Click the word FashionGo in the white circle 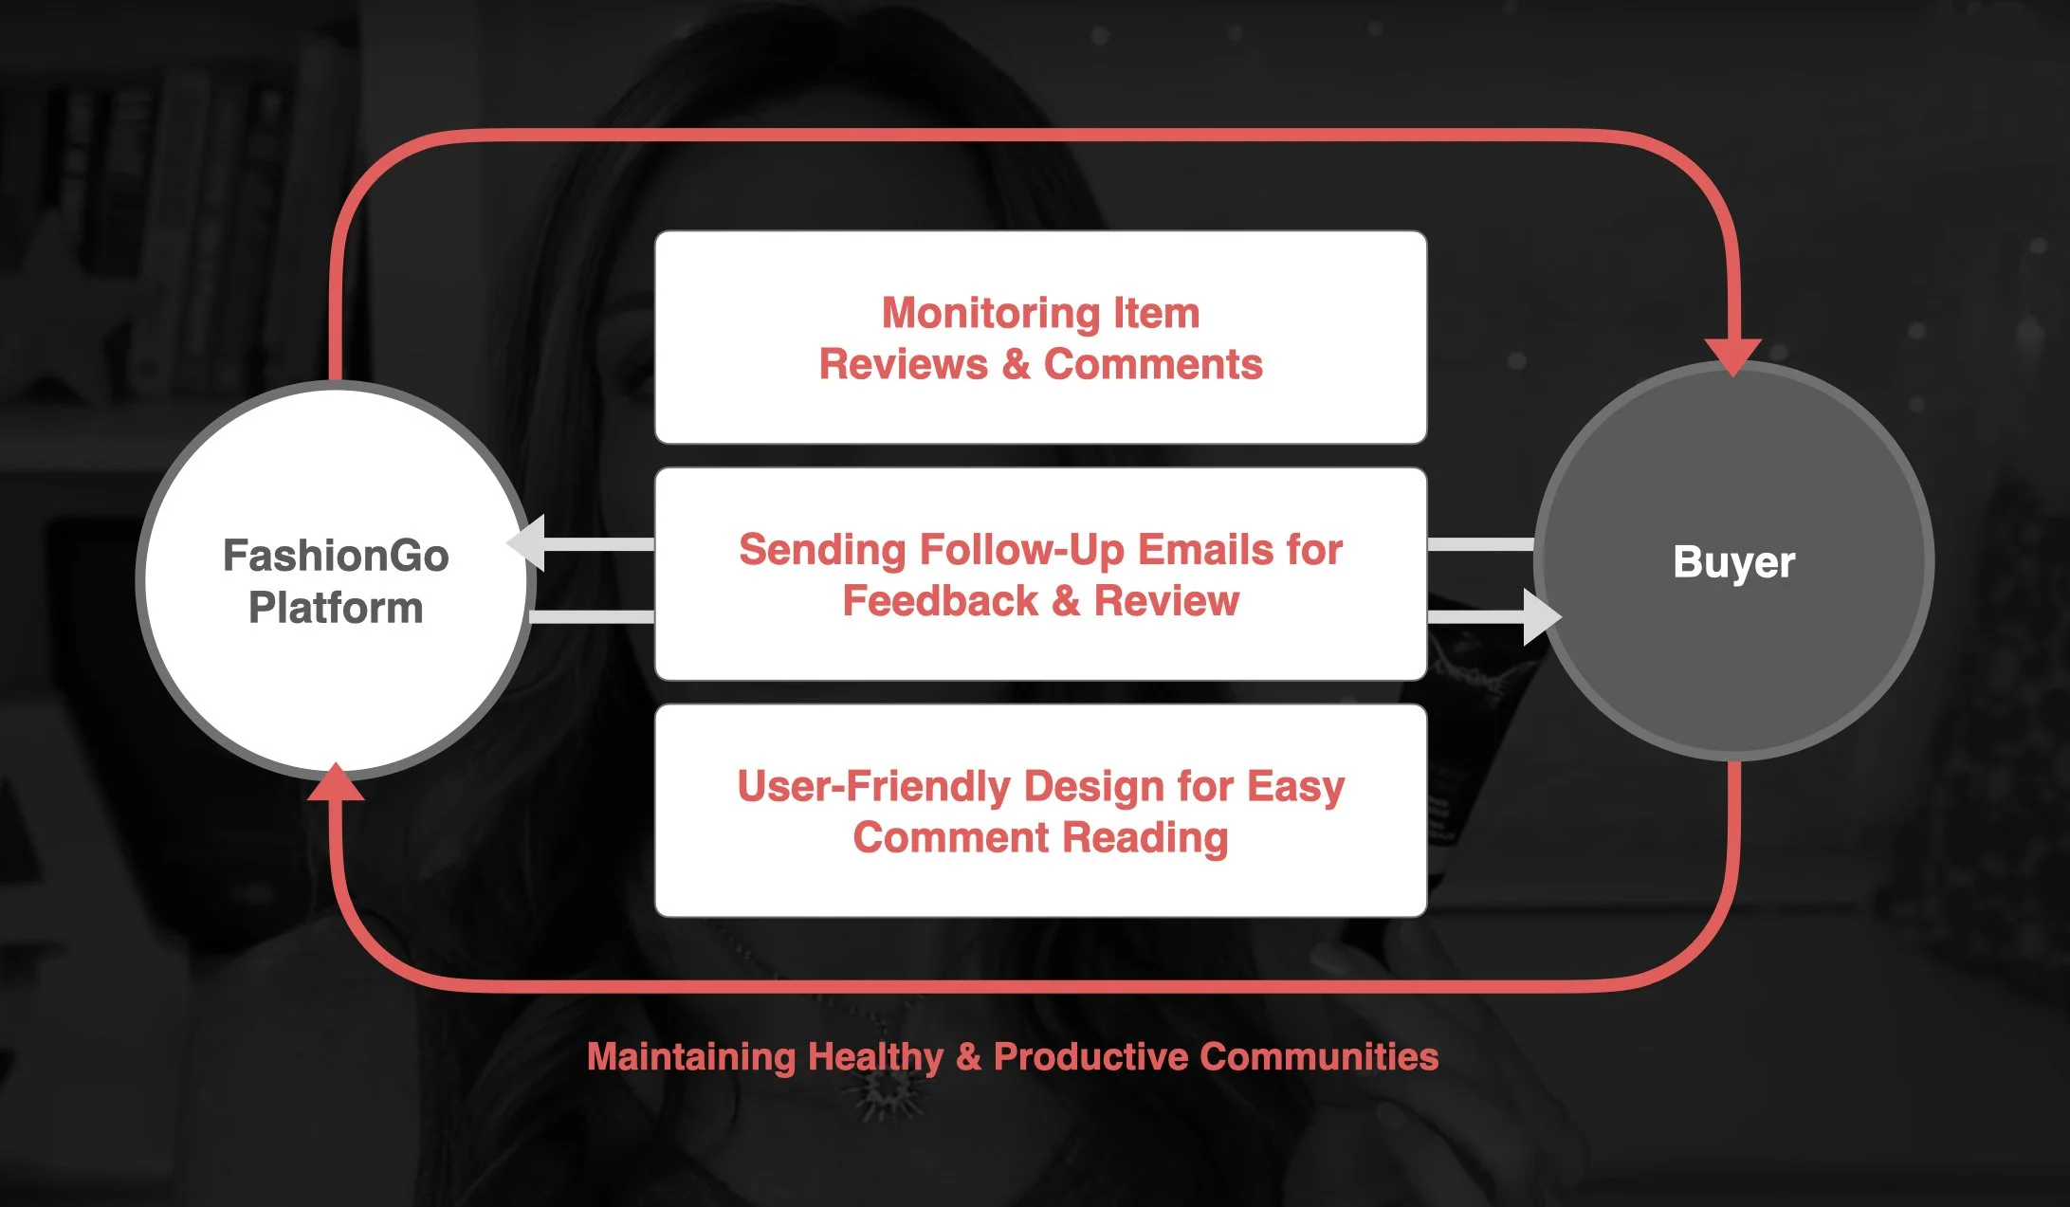pyautogui.click(x=336, y=556)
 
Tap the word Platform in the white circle pyautogui.click(x=336, y=608)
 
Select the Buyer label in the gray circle pyautogui.click(x=1733, y=561)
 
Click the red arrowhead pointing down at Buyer pyautogui.click(x=1732, y=356)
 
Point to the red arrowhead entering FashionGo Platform pyautogui.click(x=336, y=783)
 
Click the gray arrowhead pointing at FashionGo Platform pyautogui.click(x=527, y=543)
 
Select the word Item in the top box pyautogui.click(x=1156, y=313)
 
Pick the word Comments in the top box pyautogui.click(x=1153, y=364)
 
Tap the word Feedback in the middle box pyautogui.click(x=940, y=601)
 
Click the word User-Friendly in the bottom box pyautogui.click(x=873, y=787)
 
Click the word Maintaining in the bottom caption pyautogui.click(x=691, y=1056)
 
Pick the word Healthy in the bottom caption pyautogui.click(x=876, y=1056)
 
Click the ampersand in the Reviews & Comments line pyautogui.click(x=1016, y=364)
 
